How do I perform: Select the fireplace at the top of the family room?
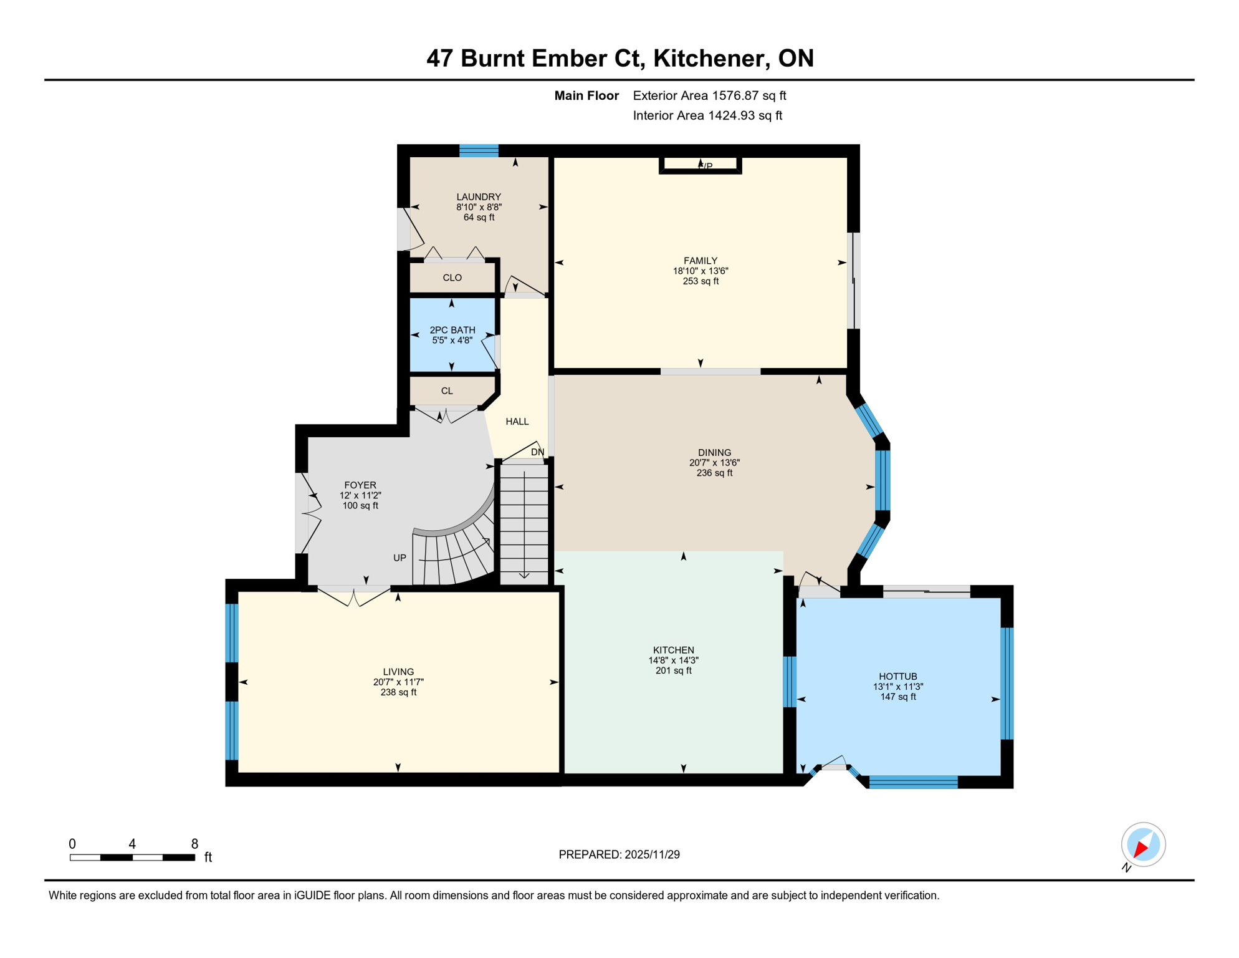(701, 165)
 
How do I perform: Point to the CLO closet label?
(452, 278)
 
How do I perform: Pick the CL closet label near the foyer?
(447, 391)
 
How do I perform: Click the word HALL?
(517, 422)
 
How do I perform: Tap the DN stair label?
(537, 452)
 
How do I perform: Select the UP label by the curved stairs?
(399, 558)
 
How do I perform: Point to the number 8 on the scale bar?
(194, 844)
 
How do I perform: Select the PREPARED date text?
(619, 854)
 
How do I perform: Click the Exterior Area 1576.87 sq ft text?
(709, 95)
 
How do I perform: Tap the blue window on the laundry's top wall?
(479, 150)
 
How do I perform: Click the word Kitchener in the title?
(709, 58)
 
